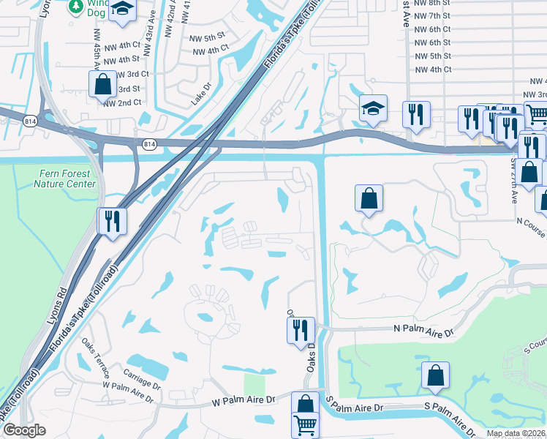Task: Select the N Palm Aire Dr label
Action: pos(423,331)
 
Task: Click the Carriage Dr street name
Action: pos(141,383)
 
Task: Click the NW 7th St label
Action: pos(431,15)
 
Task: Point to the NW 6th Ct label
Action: pos(431,29)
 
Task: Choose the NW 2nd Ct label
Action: pos(122,103)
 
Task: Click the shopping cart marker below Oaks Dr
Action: pos(306,424)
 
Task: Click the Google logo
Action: pos(24,430)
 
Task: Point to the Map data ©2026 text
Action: pos(515,433)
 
